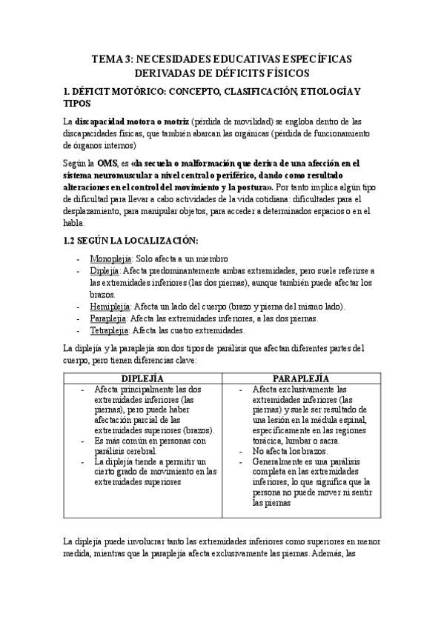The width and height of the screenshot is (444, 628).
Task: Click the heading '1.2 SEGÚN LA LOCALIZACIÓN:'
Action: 132,241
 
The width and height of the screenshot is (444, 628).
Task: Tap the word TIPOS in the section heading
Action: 76,103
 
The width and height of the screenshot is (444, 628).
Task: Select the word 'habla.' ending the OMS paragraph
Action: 76,222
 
